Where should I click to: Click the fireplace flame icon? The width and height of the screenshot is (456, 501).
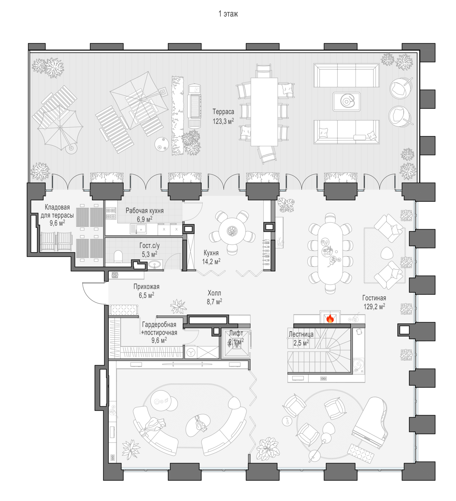tap(330, 319)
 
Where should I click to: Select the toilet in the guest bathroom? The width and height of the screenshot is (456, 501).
tap(118, 257)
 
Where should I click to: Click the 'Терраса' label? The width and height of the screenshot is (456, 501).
tap(223, 112)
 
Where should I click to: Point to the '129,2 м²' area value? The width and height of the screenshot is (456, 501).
tap(374, 306)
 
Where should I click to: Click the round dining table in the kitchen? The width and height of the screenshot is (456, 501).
tap(232, 231)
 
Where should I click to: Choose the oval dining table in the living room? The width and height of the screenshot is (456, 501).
tap(330, 253)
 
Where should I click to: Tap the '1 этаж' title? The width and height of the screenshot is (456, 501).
tap(228, 14)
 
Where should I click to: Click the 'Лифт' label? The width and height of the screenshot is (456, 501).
tap(236, 333)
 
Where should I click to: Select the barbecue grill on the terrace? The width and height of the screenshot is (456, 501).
tap(194, 106)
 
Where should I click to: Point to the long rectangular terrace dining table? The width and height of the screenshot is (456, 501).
tap(264, 112)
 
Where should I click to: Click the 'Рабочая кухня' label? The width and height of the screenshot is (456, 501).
tap(144, 210)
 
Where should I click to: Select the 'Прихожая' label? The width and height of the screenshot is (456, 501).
tap(146, 287)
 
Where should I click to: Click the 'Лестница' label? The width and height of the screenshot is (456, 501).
tap(301, 334)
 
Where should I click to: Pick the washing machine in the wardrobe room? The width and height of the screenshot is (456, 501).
tap(191, 352)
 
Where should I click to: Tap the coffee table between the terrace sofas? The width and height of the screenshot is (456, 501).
tap(346, 102)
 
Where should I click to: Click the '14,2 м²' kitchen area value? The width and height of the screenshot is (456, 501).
tap(211, 262)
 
